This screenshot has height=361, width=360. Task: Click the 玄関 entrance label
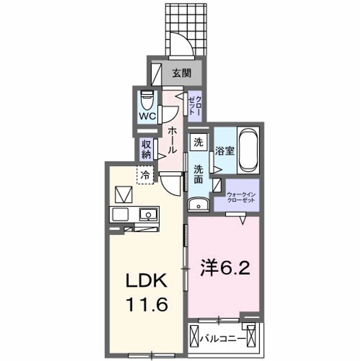[182, 73]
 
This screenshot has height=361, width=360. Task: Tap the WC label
[148, 116]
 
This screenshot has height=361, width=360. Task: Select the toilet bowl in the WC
[147, 99]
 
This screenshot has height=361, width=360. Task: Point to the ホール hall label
[171, 140]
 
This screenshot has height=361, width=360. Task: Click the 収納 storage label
[146, 149]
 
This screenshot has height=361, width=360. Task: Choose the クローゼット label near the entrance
[194, 106]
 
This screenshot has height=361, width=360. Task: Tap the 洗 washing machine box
[199, 142]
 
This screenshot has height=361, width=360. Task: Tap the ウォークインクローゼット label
[241, 197]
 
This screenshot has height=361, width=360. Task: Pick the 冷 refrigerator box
[145, 175]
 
